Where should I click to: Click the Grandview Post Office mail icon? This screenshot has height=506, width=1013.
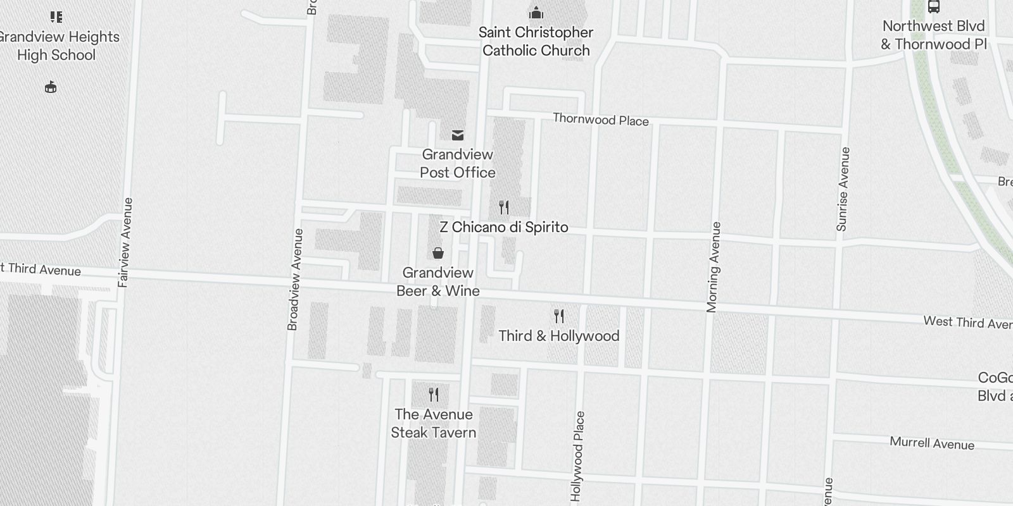457,135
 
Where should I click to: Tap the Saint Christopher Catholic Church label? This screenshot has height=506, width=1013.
536,41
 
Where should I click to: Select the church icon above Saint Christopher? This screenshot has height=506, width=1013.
536,13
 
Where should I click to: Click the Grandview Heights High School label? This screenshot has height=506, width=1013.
57,46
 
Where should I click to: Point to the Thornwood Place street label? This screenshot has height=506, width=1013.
600,120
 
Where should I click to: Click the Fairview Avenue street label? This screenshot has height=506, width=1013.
125,242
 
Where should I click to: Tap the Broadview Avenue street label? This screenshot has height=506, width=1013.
295,279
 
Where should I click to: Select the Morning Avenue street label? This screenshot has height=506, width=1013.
714,267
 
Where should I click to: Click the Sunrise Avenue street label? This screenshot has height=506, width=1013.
843,189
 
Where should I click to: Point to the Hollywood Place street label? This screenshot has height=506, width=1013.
577,455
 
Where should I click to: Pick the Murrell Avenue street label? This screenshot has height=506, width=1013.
932,443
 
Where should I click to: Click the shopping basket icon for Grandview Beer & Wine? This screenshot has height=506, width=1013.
437,254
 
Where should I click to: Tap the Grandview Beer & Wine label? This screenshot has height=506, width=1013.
438,281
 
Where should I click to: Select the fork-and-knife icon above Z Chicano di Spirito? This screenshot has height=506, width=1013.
504,207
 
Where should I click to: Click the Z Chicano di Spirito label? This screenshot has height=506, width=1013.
504,227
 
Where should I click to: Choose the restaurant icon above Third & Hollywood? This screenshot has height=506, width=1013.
558,316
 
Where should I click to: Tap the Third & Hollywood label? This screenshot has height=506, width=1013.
558,336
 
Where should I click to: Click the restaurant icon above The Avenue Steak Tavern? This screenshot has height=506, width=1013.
434,395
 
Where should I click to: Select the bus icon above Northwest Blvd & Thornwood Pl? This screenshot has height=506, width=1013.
933,7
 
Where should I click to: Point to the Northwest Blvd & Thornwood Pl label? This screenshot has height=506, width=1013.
934,35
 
